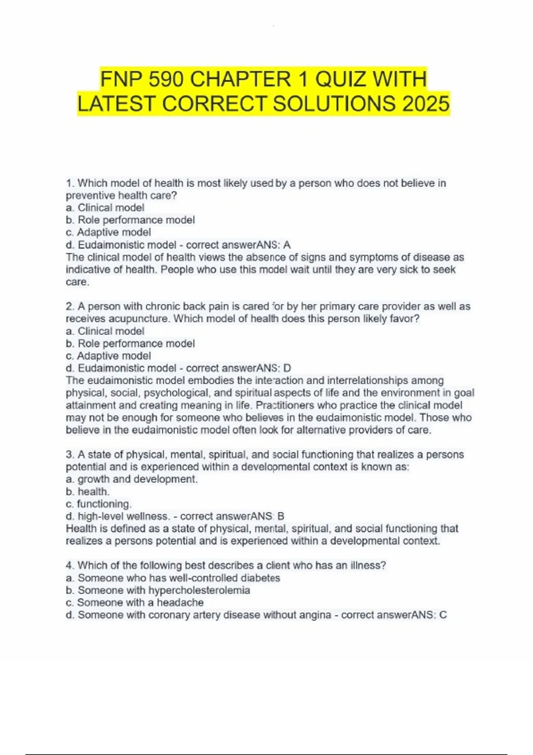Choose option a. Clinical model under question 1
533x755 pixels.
(105, 207)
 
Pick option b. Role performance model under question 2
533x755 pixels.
(130, 343)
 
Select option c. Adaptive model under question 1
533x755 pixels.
(108, 232)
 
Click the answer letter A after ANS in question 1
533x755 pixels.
(287, 245)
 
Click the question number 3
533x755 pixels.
(69, 455)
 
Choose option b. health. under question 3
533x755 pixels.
(88, 492)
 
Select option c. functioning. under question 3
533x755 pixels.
(99, 504)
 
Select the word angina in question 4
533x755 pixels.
(317, 615)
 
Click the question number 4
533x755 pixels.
(69, 566)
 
